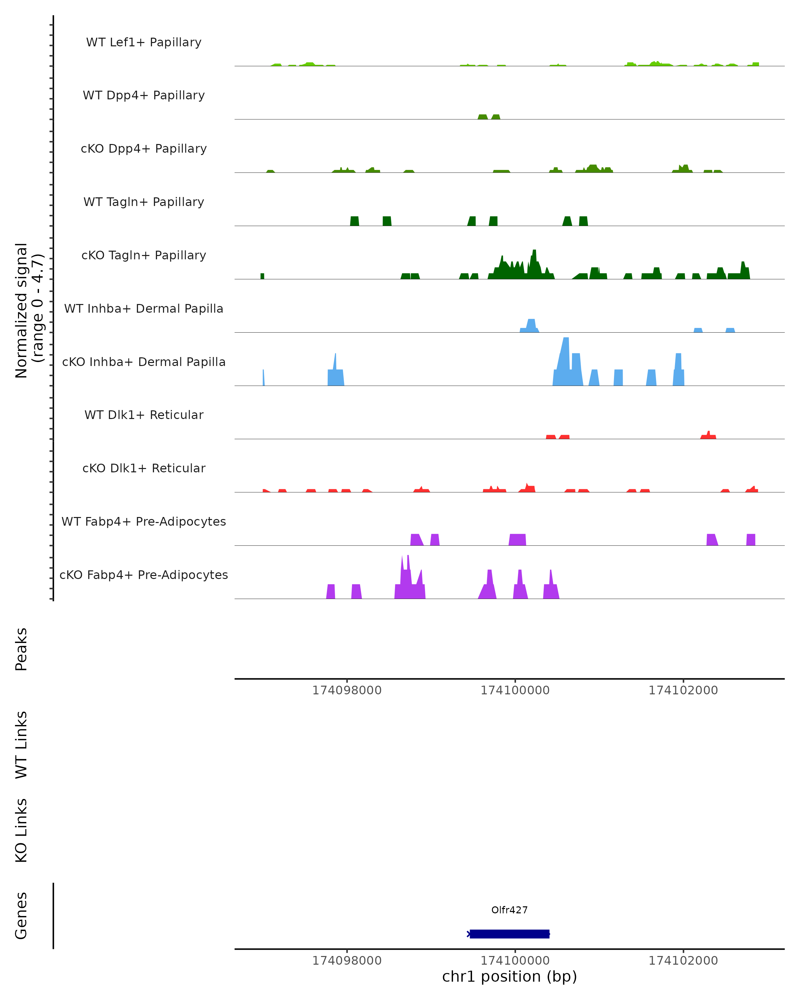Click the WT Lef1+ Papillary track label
pos(144,42)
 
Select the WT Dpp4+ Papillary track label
pos(144,96)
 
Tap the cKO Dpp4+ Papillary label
pos(144,149)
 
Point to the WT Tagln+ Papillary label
pos(144,202)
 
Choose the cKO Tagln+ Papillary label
pos(144,256)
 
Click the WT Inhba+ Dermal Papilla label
pos(144,309)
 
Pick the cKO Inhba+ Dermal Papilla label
pos(144,362)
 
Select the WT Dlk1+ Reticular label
pos(144,415)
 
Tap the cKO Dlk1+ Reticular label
pos(144,468)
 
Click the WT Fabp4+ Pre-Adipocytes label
pos(144,522)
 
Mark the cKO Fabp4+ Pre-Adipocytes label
pos(144,575)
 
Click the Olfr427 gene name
pos(509,910)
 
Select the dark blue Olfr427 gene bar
pos(509,934)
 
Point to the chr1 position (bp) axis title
pos(509,977)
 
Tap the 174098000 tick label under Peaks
pos(347,691)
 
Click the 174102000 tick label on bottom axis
pos(683,961)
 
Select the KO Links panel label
pos(21,830)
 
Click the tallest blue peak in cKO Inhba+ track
pos(566,353)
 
